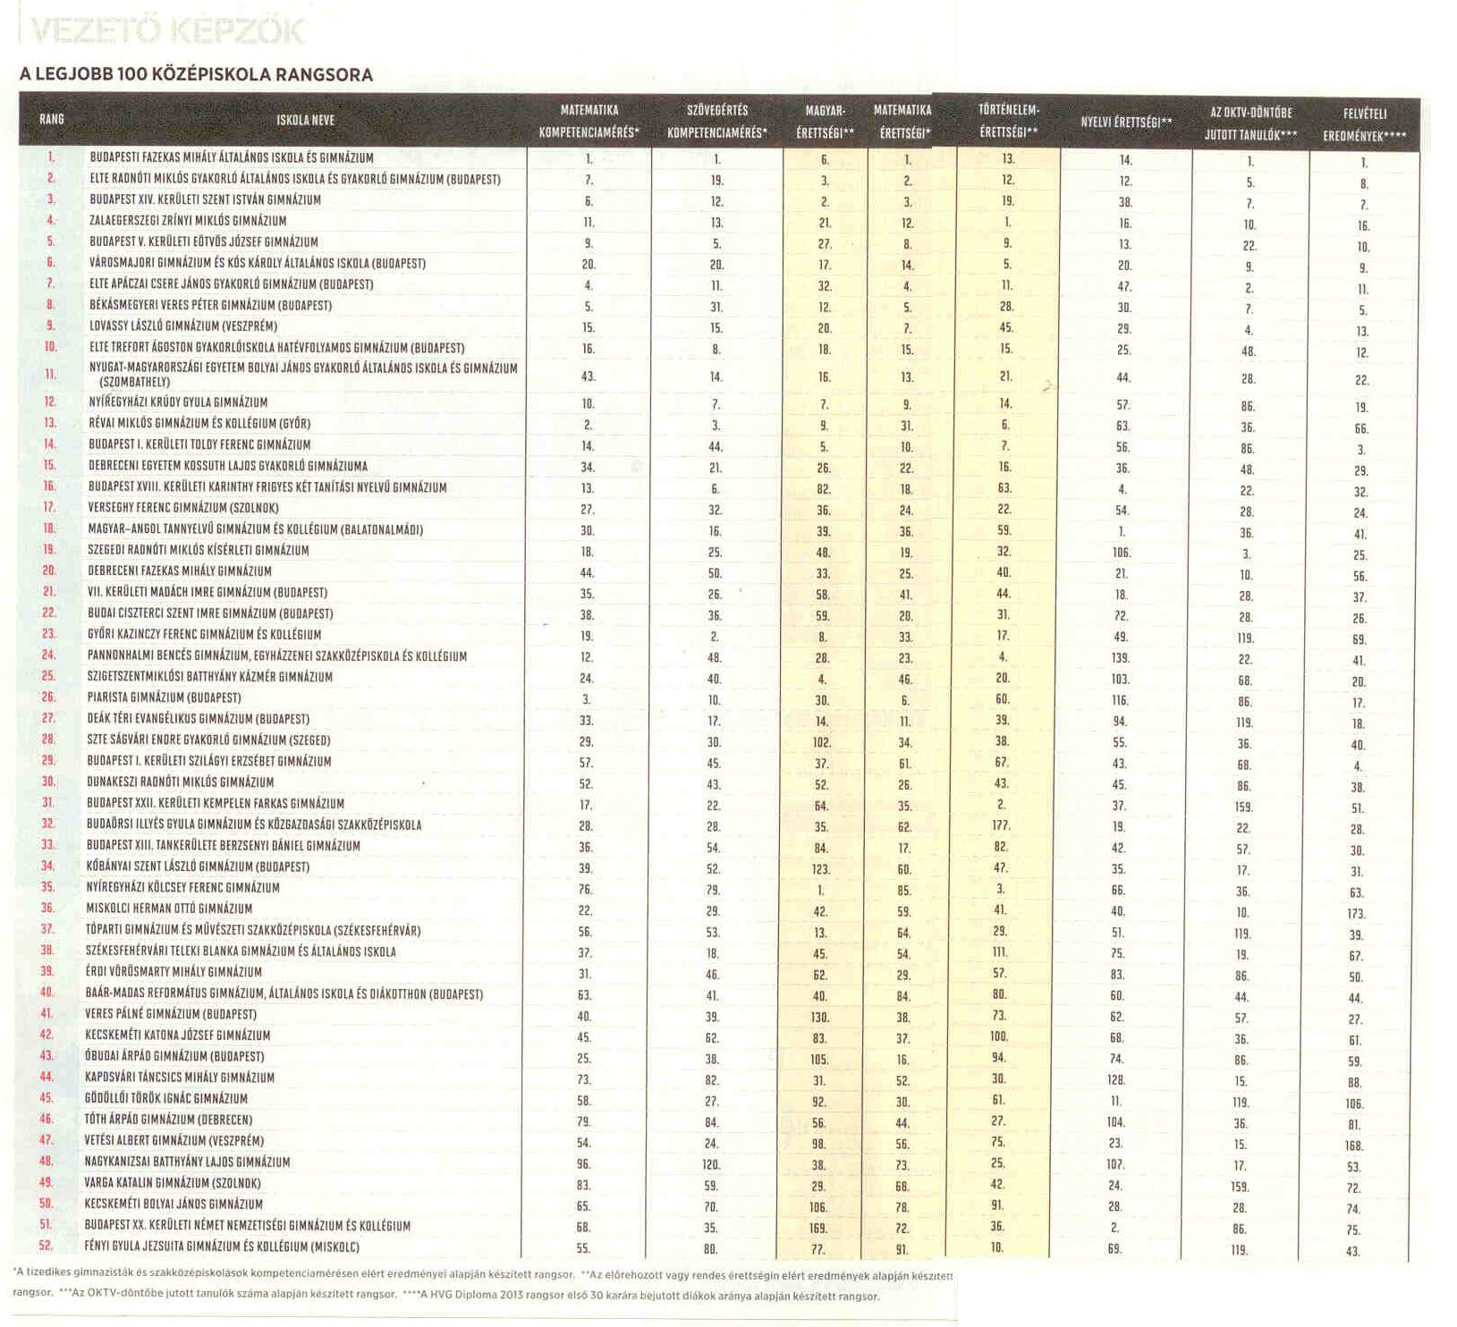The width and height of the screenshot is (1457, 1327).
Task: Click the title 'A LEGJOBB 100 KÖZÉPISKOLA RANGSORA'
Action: [x=196, y=74]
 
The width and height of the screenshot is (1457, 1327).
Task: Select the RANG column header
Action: [x=52, y=120]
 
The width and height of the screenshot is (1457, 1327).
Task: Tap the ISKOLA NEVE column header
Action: [x=305, y=120]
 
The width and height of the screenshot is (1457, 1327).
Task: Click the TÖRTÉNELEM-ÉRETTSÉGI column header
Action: [x=1008, y=121]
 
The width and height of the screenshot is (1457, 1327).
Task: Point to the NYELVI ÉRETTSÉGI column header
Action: [x=1126, y=123]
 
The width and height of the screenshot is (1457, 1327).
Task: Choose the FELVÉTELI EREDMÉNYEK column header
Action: [x=1364, y=125]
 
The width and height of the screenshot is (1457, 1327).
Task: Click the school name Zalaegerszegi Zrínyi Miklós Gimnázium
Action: [x=188, y=221]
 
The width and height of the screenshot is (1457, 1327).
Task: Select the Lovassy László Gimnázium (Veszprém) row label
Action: [x=183, y=326]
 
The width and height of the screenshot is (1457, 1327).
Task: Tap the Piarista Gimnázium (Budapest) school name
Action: [x=165, y=697]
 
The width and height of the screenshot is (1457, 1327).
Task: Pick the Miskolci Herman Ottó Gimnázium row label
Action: [x=170, y=909]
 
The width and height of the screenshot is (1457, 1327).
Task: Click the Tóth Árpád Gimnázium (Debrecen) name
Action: [x=170, y=1120]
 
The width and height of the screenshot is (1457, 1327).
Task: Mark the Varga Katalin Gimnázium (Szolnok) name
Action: [x=174, y=1183]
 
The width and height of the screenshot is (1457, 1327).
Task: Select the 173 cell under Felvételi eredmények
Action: [x=1356, y=914]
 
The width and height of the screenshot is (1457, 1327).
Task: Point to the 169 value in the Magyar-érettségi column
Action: [x=822, y=1228]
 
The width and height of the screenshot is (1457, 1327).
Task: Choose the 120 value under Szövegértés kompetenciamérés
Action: [x=711, y=1165]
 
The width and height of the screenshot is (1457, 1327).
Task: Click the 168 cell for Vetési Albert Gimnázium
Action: [x=1354, y=1145]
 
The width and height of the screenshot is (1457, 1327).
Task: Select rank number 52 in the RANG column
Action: [x=47, y=1246]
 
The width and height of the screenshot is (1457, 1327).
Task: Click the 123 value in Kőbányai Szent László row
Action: [x=822, y=868]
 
